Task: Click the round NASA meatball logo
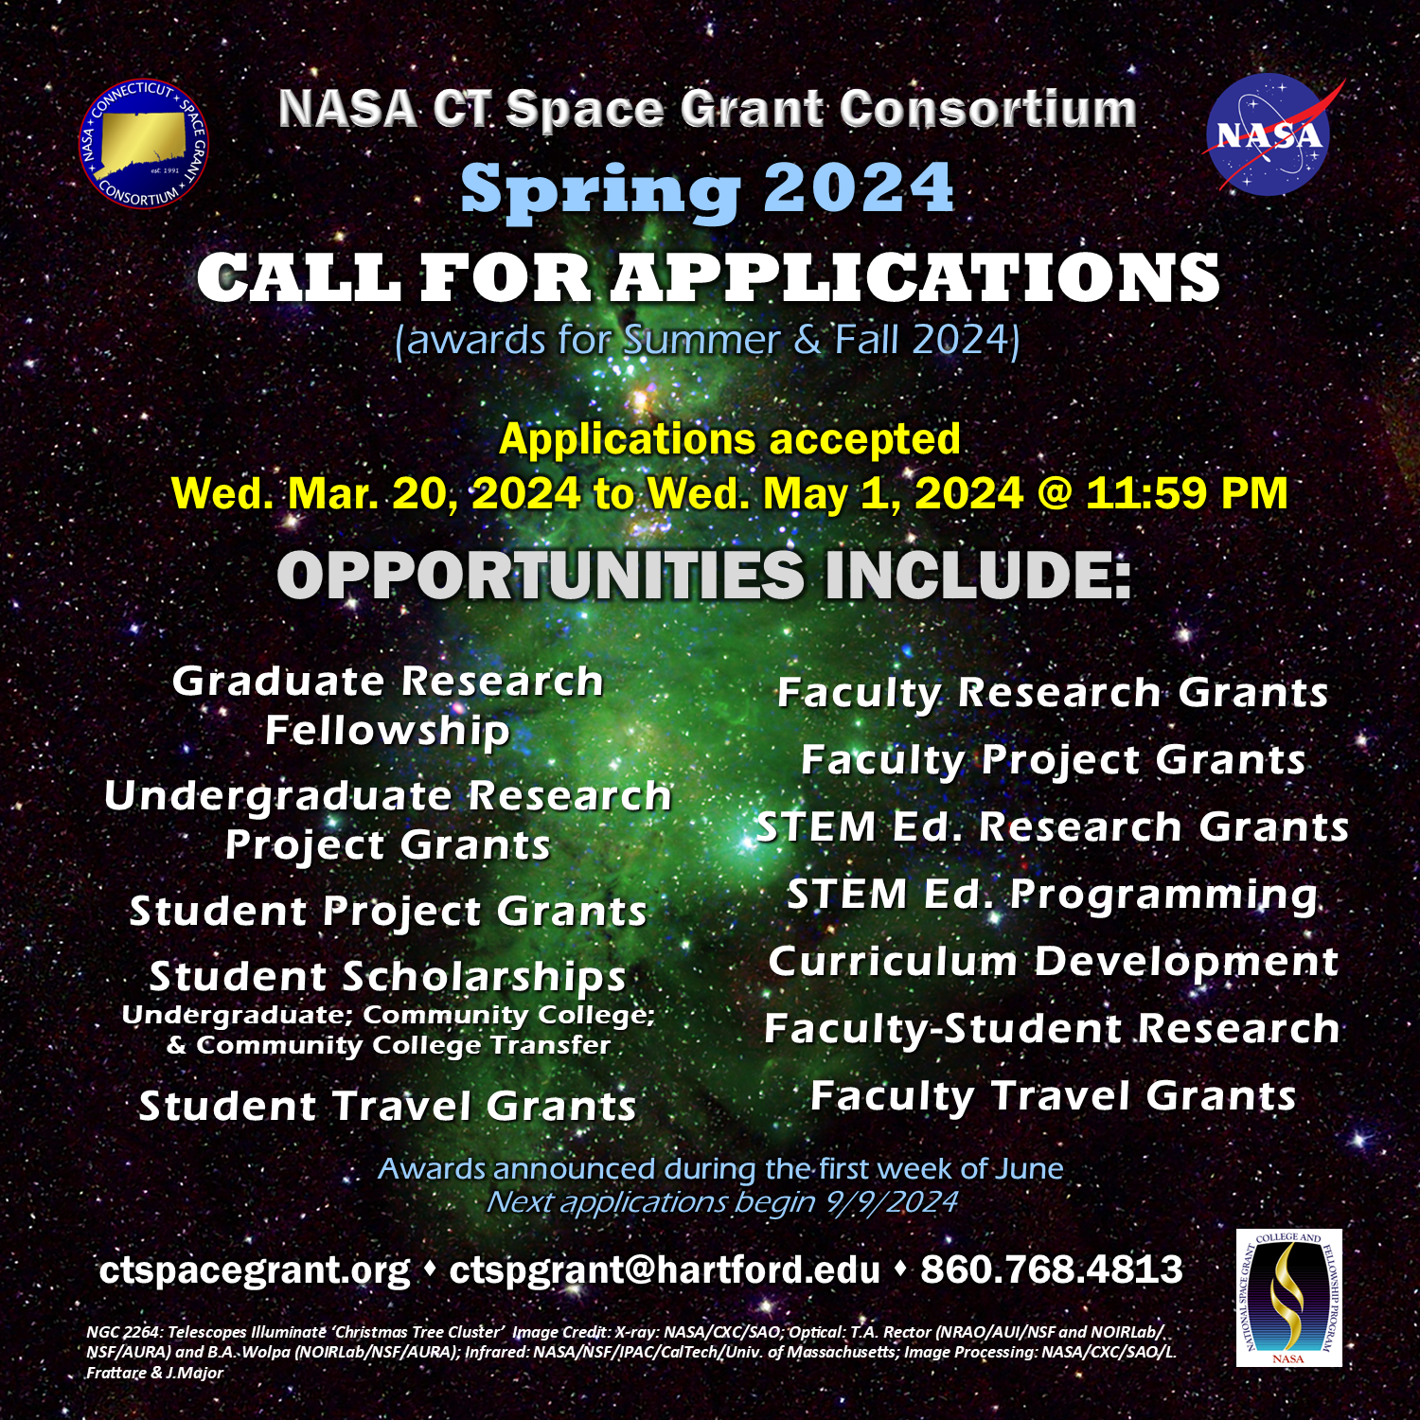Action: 1269,134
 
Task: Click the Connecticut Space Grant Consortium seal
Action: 144,143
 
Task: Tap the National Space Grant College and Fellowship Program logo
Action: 1288,1298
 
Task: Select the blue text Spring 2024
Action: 708,189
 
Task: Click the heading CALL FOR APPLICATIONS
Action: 708,277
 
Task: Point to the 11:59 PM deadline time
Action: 1187,493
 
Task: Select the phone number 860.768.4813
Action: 1052,1269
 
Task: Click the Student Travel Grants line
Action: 388,1106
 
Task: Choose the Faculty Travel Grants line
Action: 1053,1096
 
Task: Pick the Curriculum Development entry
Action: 1054,962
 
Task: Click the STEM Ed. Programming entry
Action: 1053,896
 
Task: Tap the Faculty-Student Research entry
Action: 1053,1029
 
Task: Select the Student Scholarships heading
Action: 388,976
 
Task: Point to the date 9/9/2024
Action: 892,1202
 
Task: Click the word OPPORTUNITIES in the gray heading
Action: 541,575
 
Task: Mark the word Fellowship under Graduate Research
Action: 388,731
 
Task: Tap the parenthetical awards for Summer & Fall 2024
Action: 707,340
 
